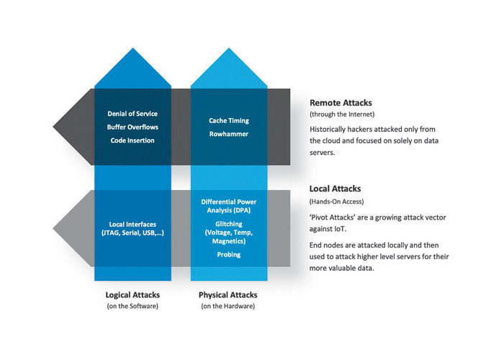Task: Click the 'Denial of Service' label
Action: (132, 114)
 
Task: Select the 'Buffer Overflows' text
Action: (132, 127)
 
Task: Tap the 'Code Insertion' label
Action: (132, 140)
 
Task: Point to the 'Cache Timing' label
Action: (229, 120)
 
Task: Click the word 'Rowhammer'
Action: (229, 134)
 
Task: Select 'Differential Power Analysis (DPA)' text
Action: (229, 206)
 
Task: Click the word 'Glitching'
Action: (229, 224)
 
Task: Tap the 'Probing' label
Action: (229, 255)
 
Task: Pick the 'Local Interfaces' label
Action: (132, 225)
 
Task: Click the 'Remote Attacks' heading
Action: (341, 103)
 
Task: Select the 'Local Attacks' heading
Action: (335, 189)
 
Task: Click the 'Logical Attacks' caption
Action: (132, 295)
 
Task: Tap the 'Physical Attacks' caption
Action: (228, 295)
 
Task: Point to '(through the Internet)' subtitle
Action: (342, 114)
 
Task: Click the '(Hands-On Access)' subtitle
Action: (336, 202)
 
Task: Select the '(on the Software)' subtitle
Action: (132, 306)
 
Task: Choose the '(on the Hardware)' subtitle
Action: (228, 306)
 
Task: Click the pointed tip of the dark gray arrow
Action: (53, 127)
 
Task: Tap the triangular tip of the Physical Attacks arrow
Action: (229, 48)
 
